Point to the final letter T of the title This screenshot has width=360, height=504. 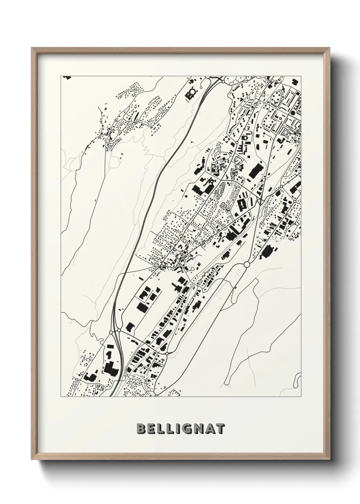(x=220, y=429)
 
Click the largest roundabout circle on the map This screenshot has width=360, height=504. (x=247, y=264)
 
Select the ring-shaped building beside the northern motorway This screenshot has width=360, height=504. (x=192, y=92)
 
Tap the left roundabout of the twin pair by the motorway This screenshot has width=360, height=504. (x=111, y=332)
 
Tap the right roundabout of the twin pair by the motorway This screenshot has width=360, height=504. (x=119, y=330)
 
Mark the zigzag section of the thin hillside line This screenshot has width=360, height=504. (x=149, y=149)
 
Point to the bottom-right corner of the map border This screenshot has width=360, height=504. (x=301, y=397)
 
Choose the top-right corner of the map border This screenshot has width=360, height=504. (x=301, y=76)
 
